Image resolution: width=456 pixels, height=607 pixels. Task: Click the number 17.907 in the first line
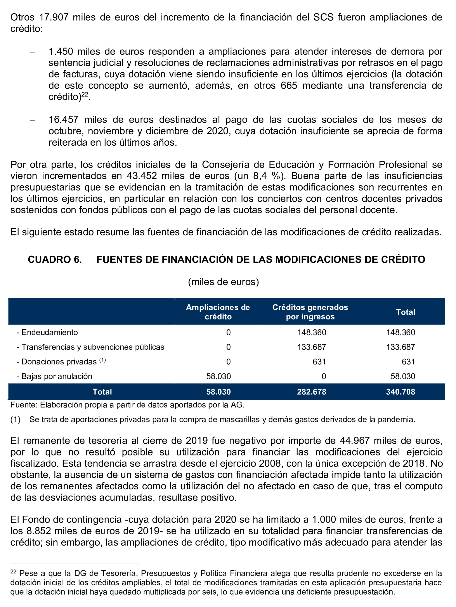[x=54, y=17]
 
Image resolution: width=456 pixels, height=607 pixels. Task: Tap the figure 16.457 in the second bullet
[x=63, y=120]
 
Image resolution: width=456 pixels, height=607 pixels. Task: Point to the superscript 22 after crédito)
[x=85, y=95]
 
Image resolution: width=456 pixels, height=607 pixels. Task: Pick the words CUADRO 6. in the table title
[x=55, y=260]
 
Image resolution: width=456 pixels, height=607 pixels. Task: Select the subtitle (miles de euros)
[x=224, y=282]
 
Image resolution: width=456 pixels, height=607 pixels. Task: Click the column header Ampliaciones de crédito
[x=218, y=312]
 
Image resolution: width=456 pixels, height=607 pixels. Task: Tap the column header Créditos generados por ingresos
[x=310, y=312]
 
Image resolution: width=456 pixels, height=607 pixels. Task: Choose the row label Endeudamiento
[x=49, y=333]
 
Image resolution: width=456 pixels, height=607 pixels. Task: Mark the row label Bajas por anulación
[x=57, y=376]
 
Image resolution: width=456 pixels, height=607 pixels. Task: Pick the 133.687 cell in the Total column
[x=401, y=347]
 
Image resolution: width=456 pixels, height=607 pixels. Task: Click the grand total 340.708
[x=401, y=392]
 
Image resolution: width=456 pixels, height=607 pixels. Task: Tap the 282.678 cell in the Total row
[x=312, y=392]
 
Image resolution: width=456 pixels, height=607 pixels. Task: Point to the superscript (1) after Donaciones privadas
[x=102, y=360]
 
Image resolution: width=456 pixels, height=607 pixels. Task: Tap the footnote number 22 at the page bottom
[x=13, y=572]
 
